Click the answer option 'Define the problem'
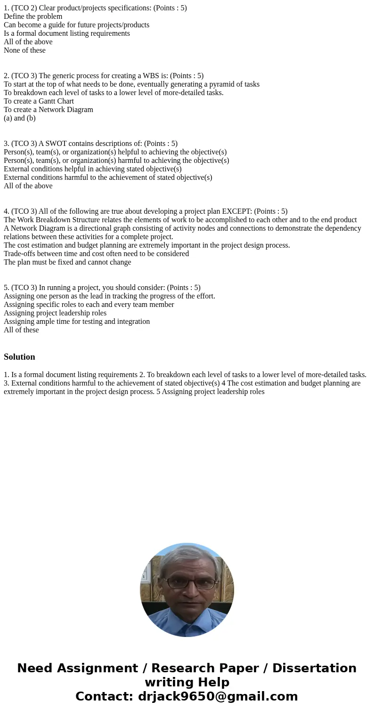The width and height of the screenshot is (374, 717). click(x=33, y=16)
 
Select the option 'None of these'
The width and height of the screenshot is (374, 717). click(x=24, y=50)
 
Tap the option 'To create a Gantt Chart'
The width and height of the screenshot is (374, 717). click(x=39, y=101)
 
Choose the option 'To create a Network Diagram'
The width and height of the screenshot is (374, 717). click(x=49, y=110)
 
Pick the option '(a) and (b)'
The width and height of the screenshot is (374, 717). click(x=20, y=118)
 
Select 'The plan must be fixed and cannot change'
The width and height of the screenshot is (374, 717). click(x=67, y=262)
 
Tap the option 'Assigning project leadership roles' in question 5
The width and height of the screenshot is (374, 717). click(x=55, y=313)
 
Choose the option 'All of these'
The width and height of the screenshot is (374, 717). click(x=21, y=330)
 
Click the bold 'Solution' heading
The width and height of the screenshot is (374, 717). click(x=19, y=357)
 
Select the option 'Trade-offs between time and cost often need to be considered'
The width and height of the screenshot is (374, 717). click(x=96, y=254)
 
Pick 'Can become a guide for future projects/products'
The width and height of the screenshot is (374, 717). click(x=76, y=25)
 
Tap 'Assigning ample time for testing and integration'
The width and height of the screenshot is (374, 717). click(x=77, y=322)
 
